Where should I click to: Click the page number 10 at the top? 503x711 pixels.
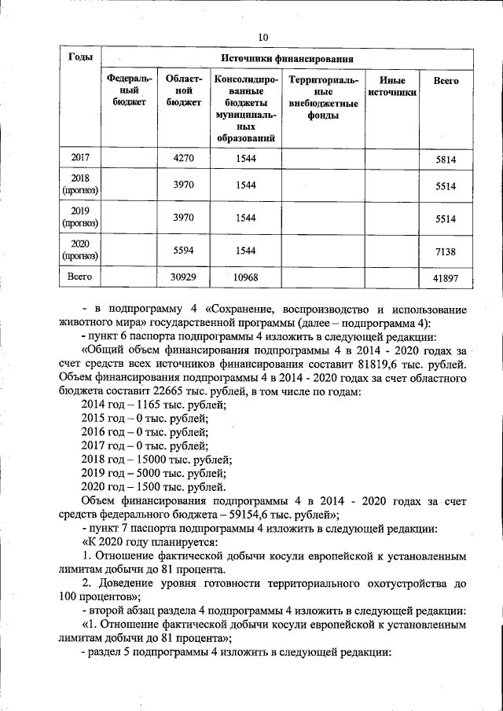pyautogui.click(x=263, y=37)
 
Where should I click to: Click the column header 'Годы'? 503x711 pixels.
pyautogui.click(x=81, y=58)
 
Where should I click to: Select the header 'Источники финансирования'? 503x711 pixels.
pyautogui.click(x=286, y=59)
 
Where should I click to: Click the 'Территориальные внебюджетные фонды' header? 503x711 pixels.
pyautogui.click(x=323, y=98)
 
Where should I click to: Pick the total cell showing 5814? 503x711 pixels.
pyautogui.click(x=445, y=159)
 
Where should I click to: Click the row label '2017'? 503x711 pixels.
pyautogui.click(x=81, y=159)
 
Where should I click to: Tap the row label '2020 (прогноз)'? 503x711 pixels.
pyautogui.click(x=81, y=250)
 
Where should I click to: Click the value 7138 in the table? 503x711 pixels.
pyautogui.click(x=445, y=251)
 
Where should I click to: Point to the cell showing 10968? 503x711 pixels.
pyautogui.click(x=247, y=277)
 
